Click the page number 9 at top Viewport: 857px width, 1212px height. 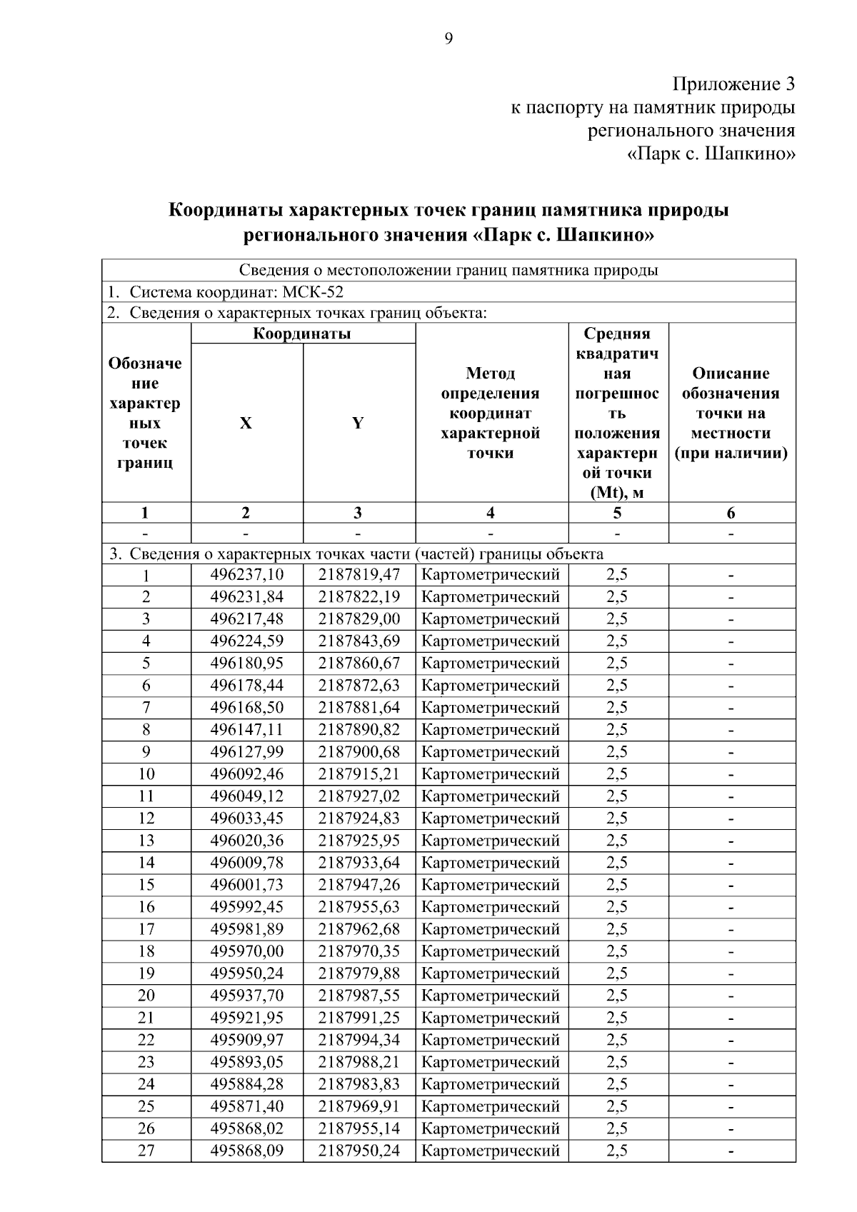448,39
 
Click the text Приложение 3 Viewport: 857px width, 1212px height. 733,85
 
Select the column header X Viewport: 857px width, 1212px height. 246,423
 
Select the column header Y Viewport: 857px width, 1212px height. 358,423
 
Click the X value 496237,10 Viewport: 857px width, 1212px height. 246,575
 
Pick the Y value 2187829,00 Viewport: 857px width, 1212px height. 359,619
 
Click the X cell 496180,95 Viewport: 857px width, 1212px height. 246,663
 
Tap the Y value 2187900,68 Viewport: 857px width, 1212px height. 359,752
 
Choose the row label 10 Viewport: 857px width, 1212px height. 146,774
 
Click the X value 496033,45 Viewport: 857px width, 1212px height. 246,818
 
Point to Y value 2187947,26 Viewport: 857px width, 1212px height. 359,885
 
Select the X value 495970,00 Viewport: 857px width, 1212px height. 246,951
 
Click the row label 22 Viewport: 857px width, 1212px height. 146,1040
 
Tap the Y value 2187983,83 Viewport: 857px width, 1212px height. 359,1084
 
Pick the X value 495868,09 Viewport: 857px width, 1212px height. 246,1151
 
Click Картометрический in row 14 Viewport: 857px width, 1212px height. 491,863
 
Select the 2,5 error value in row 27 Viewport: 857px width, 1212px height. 617,1151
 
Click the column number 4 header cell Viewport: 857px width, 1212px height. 491,513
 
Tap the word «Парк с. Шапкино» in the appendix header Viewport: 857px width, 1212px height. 711,154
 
